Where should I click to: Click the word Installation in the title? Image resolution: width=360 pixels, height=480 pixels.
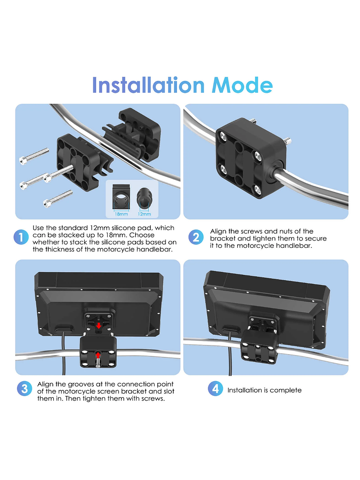[x=148, y=86]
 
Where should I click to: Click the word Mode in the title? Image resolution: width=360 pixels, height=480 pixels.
[x=242, y=86]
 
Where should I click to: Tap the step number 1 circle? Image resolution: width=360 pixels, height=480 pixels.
[x=21, y=237]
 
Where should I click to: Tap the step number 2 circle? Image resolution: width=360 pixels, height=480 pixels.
[x=196, y=237]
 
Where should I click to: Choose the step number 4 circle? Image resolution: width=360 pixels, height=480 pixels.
[x=215, y=389]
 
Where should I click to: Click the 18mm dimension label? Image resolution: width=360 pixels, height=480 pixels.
[x=122, y=214]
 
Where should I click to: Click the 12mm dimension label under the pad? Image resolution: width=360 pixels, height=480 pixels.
[x=144, y=214]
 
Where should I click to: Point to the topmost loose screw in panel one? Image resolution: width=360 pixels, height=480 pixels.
[x=34, y=155]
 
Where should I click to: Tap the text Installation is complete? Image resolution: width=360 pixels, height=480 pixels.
[x=264, y=390]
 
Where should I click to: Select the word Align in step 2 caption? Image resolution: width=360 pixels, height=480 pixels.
[x=219, y=231]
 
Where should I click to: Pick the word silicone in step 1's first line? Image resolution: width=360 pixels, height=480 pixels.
[x=123, y=228]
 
